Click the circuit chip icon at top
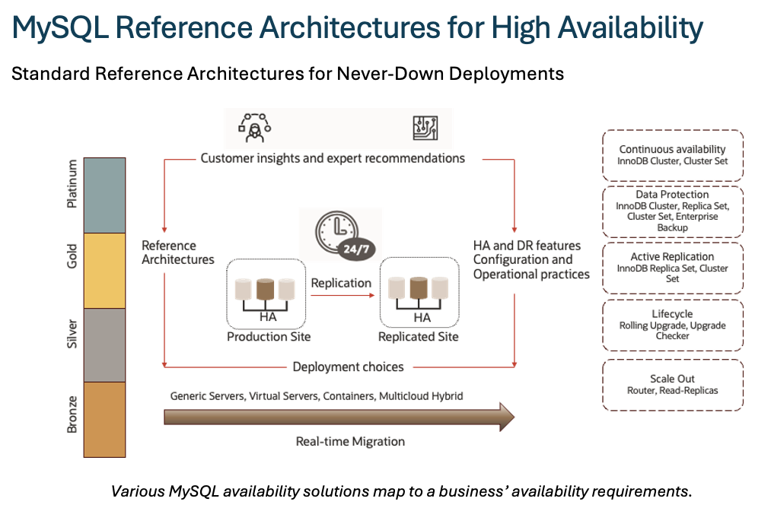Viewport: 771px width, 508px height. click(425, 128)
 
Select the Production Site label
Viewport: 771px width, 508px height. click(269, 336)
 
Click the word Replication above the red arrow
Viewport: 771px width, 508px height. click(341, 283)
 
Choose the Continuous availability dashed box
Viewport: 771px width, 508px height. click(672, 155)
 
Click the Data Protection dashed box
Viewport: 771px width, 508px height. click(672, 211)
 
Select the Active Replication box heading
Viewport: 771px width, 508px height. click(672, 257)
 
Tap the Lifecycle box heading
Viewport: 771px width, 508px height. click(672, 313)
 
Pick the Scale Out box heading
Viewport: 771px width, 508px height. click(672, 379)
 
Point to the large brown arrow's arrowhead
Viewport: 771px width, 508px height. click(503, 417)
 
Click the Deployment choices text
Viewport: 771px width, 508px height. click(348, 367)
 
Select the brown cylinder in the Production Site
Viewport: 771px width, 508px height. click(265, 289)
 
